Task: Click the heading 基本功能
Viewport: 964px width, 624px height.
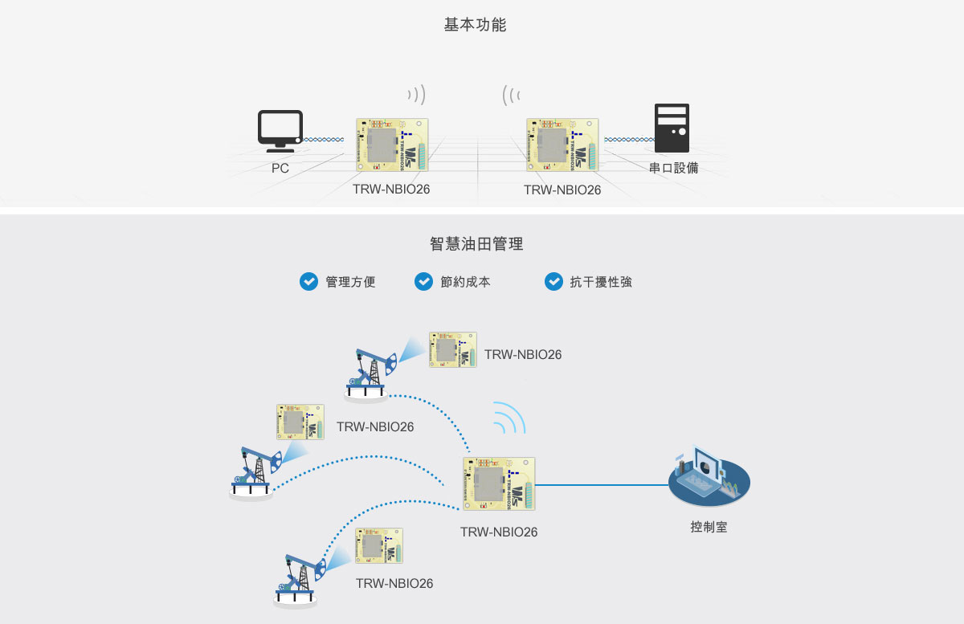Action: pos(475,25)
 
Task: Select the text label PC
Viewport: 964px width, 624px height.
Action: pos(280,169)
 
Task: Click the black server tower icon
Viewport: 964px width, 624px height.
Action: pos(672,128)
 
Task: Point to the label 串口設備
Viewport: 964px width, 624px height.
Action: pos(673,169)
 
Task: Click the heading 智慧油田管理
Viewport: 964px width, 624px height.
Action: pos(476,243)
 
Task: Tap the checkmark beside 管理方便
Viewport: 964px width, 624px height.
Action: pos(308,281)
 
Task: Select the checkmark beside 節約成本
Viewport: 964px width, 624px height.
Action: pos(423,281)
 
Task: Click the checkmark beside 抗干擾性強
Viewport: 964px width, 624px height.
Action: pos(553,281)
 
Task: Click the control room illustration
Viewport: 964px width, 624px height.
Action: pos(709,480)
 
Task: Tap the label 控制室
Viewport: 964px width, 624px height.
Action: pos(709,528)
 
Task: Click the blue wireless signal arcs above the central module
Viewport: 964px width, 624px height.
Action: pos(509,418)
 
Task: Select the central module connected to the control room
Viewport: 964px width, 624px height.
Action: pos(499,483)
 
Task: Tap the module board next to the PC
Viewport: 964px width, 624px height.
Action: pos(391,145)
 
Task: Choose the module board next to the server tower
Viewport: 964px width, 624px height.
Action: pos(562,145)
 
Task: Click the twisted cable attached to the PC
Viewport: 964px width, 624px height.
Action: pos(325,140)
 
